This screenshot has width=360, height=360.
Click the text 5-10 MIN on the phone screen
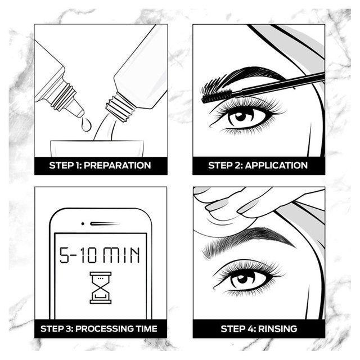pyautogui.click(x=100, y=256)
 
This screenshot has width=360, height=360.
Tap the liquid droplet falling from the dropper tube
pyautogui.click(x=85, y=123)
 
